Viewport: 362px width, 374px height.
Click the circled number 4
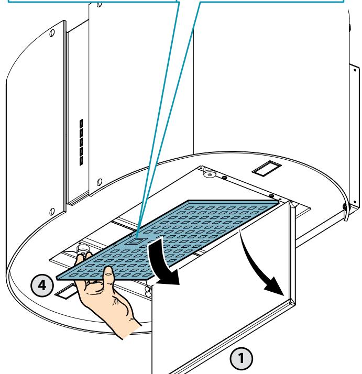pyautogui.click(x=42, y=285)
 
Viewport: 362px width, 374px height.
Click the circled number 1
pyautogui.click(x=241, y=358)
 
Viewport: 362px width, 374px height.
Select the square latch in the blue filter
pyautogui.click(x=134, y=241)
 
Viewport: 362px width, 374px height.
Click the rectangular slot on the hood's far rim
pyautogui.click(x=267, y=168)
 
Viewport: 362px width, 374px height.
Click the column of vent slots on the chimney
pyautogui.click(x=81, y=142)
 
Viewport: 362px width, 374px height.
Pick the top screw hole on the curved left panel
pyautogui.click(x=52, y=32)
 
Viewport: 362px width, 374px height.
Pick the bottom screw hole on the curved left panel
pyautogui.click(x=52, y=211)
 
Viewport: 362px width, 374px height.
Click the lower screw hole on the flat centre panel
pyautogui.click(x=100, y=182)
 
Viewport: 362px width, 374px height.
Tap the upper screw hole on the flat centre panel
pyautogui.click(x=100, y=4)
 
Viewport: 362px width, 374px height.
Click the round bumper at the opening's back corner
pyautogui.click(x=210, y=174)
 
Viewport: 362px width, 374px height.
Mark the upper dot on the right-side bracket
pyautogui.click(x=355, y=70)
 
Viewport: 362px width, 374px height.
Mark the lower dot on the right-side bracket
pyautogui.click(x=355, y=202)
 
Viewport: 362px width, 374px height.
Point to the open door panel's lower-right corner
pyautogui.click(x=295, y=305)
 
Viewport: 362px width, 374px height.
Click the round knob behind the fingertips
pyautogui.click(x=82, y=249)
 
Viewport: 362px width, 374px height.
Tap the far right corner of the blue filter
pyautogui.click(x=279, y=202)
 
